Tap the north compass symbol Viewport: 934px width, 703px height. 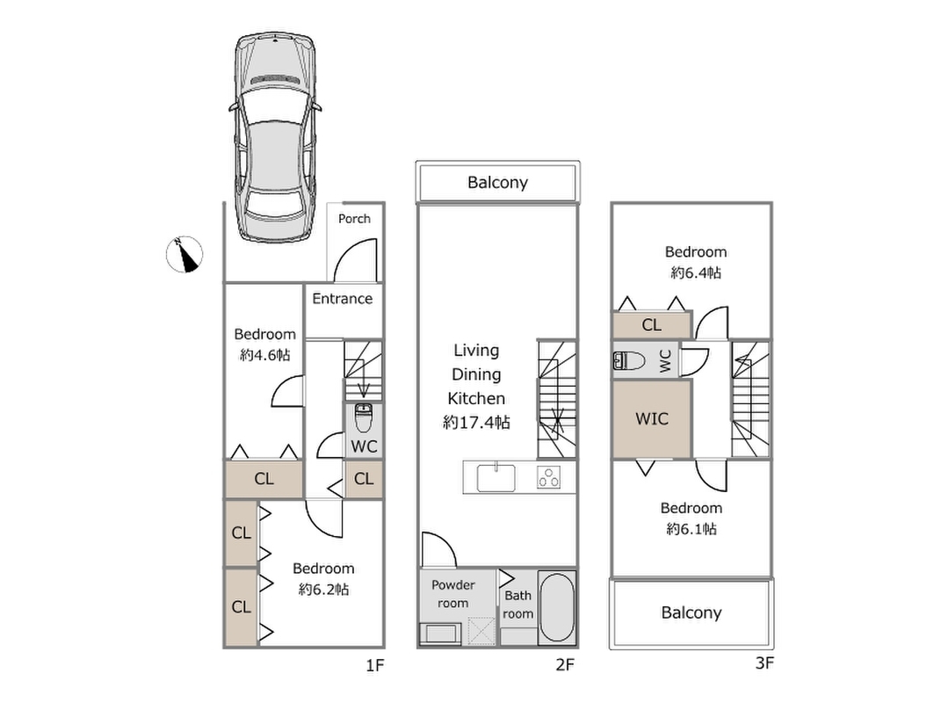[185, 255]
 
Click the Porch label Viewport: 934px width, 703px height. [355, 219]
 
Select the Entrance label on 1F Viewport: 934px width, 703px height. [342, 299]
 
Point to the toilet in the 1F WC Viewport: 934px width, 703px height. [364, 415]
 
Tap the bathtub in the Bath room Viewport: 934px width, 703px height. [555, 607]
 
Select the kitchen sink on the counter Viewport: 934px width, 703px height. [498, 478]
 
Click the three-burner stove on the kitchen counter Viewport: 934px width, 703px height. [551, 478]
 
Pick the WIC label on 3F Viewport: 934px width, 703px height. [652, 419]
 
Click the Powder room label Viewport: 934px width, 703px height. [453, 594]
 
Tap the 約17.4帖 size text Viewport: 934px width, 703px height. [476, 423]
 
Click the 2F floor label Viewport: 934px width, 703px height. [564, 665]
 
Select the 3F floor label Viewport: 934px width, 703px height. [764, 663]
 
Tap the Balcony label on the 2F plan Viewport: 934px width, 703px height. [497, 183]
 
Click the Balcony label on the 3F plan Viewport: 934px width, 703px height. [691, 612]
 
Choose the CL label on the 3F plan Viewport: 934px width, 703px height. [651, 325]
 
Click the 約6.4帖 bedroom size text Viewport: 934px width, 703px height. [696, 273]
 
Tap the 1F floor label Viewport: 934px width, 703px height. [375, 665]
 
